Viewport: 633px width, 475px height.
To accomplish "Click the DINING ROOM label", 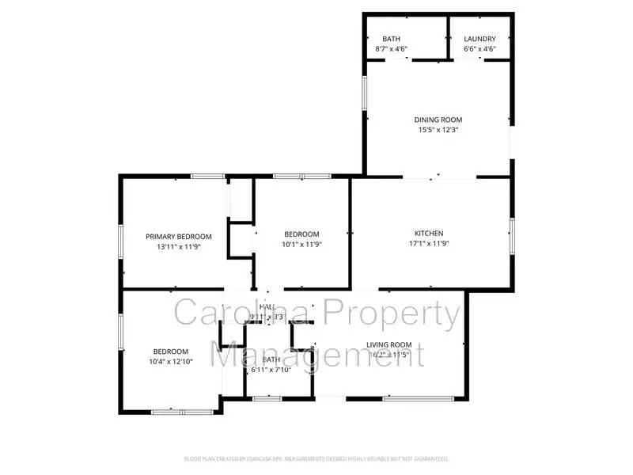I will pyautogui.click(x=437, y=120).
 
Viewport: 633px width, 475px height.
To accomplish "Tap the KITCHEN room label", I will pyautogui.click(x=429, y=233).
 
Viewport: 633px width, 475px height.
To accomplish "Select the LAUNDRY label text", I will pyautogui.click(x=479, y=39).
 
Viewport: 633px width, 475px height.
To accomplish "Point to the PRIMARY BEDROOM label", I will pyautogui.click(x=179, y=236).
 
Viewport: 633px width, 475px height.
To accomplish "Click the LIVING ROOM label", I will pyautogui.click(x=389, y=344).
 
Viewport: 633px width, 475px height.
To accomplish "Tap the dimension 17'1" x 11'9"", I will pyautogui.click(x=429, y=244).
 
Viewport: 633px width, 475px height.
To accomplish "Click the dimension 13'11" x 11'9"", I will pyautogui.click(x=179, y=247).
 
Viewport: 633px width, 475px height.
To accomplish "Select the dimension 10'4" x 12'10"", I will pyautogui.click(x=171, y=363).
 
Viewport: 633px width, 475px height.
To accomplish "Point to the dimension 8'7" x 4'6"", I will pyautogui.click(x=391, y=49).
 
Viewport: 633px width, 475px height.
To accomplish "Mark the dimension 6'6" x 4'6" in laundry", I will pyautogui.click(x=479, y=49).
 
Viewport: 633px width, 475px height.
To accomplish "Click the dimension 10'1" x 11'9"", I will pyautogui.click(x=301, y=244).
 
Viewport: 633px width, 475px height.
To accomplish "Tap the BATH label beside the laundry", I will pyautogui.click(x=391, y=39).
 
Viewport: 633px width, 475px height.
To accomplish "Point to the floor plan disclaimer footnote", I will pyautogui.click(x=316, y=458).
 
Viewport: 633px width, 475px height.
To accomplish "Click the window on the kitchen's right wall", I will pyautogui.click(x=512, y=236).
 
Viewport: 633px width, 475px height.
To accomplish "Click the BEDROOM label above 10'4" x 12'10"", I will pyautogui.click(x=171, y=351).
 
